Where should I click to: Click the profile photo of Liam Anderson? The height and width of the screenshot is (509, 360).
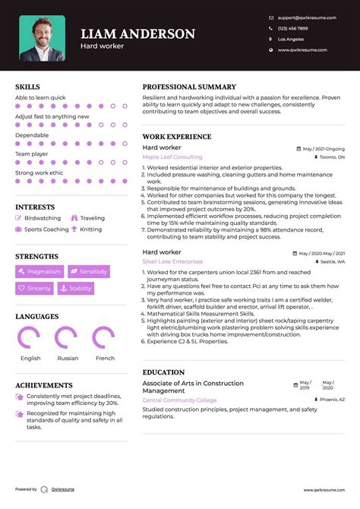[x=42, y=37]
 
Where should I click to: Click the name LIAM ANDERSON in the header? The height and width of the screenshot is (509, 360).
[x=137, y=33]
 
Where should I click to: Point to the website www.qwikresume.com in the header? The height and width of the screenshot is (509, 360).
[x=302, y=49]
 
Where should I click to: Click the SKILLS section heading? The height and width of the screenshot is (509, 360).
[x=27, y=87]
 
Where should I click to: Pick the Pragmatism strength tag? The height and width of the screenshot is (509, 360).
[x=39, y=271]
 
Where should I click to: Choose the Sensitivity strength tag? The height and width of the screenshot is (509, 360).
[x=89, y=271]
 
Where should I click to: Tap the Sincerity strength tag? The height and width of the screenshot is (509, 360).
[x=35, y=289]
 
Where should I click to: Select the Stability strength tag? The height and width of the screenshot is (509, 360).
[x=75, y=289]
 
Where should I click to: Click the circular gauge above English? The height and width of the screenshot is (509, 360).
[x=30, y=338]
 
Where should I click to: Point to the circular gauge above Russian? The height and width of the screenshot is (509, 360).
[x=67, y=338]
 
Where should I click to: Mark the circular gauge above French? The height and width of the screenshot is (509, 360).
[x=104, y=338]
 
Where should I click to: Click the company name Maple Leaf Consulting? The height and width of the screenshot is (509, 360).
[x=172, y=157]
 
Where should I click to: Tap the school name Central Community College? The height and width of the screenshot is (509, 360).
[x=179, y=400]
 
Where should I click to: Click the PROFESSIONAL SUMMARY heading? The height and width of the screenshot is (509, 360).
[x=189, y=87]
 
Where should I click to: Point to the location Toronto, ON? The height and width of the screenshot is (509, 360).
[x=331, y=157]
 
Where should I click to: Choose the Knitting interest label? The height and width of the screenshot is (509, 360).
[x=90, y=229]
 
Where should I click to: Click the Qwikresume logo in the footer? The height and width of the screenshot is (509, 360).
[x=45, y=490]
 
